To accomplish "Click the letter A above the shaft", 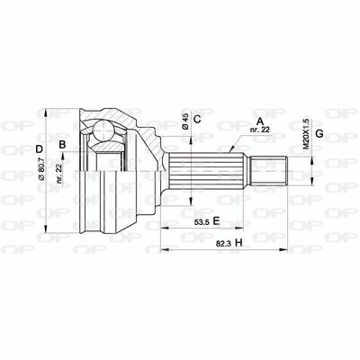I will coord(259,120).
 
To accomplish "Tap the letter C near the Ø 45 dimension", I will coord(197,119).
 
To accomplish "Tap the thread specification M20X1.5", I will coord(306,130).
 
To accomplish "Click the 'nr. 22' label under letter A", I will coord(260,130).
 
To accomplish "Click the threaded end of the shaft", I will coord(275,168).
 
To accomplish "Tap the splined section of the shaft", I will coord(212,168).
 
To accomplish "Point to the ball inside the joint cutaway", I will coord(105,135).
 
